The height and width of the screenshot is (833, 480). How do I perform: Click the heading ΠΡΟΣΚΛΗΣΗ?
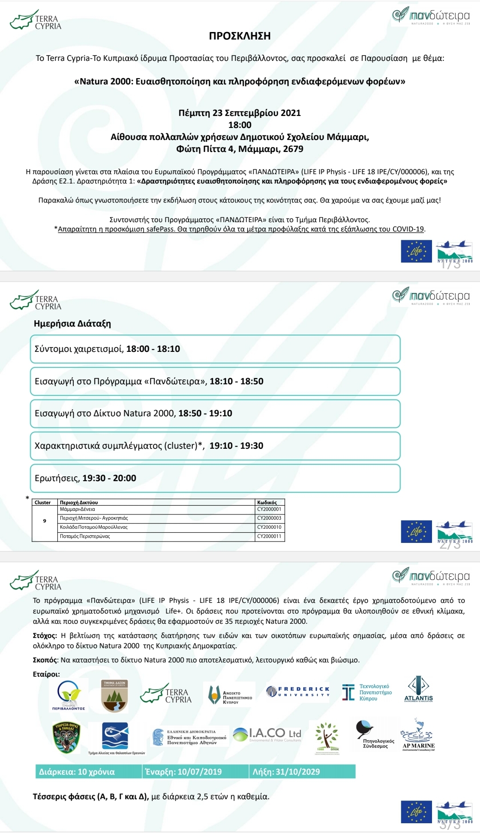coord(240,36)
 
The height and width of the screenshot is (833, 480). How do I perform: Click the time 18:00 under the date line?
coord(240,125)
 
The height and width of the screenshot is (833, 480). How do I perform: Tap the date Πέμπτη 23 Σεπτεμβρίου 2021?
coord(240,113)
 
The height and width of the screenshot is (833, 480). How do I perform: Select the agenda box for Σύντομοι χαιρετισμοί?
coord(215,349)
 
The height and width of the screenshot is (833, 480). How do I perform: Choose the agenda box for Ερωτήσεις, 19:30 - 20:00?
coord(215,478)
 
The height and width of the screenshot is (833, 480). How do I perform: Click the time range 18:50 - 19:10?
coord(205,414)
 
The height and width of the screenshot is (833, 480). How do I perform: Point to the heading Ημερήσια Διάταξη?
coord(72,323)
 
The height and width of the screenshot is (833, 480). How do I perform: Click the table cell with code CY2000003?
coord(269,518)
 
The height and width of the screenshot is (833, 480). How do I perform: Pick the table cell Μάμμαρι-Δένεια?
coord(78,510)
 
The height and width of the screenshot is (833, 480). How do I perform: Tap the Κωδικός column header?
coord(267,502)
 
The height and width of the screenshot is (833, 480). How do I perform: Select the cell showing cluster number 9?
coord(44,521)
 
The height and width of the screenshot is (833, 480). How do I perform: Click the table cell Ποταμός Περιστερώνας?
coord(85,537)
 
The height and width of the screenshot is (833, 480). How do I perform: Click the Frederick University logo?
coord(298,692)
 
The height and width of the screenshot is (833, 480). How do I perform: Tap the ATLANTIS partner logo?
coord(418,689)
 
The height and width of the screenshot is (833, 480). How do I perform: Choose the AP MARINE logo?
coord(418,735)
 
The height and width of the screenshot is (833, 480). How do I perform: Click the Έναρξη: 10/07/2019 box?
coord(195,772)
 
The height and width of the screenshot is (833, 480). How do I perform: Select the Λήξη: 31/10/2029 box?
coord(302,772)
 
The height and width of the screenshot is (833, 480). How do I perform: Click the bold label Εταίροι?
coord(46,674)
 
